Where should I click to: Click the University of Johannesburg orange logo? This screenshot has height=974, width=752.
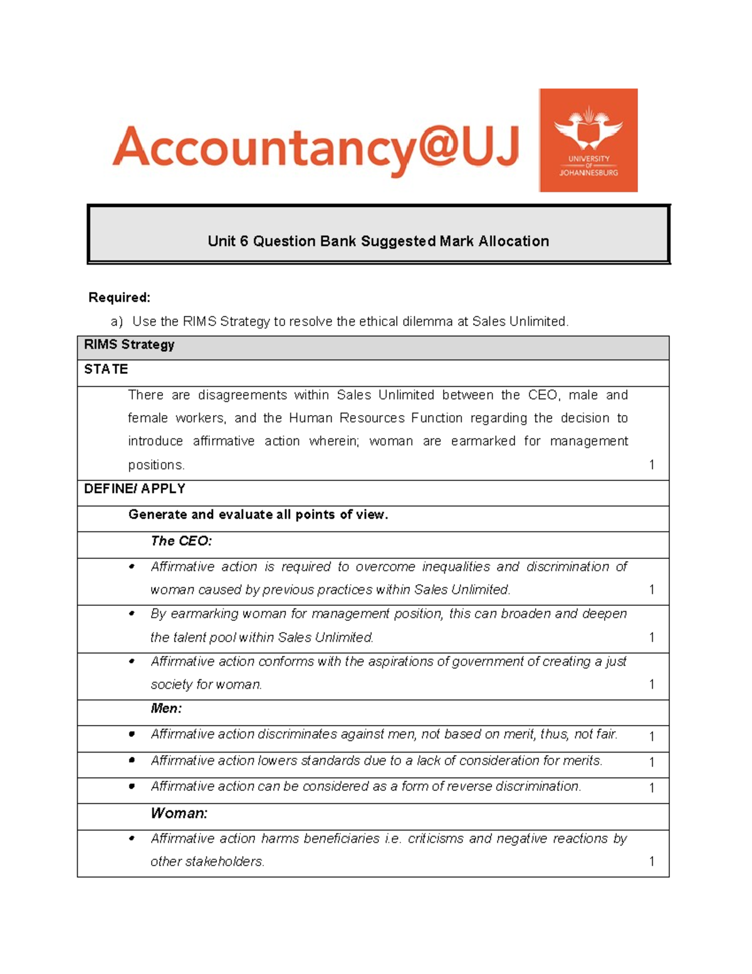click(x=588, y=140)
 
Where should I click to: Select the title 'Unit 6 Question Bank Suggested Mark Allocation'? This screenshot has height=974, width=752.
click(x=378, y=241)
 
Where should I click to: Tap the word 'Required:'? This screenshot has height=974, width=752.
click(x=119, y=297)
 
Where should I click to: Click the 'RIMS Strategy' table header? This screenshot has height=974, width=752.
click(x=129, y=345)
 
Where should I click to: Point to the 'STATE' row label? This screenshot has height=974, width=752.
click(x=106, y=369)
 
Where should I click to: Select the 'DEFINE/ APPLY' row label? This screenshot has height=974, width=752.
click(x=134, y=489)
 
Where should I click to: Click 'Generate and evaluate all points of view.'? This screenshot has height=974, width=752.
click(x=258, y=515)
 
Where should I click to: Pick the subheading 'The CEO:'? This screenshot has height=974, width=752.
click(x=181, y=541)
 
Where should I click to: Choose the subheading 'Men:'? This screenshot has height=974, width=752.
click(x=166, y=709)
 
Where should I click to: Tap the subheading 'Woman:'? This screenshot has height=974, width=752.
click(x=179, y=813)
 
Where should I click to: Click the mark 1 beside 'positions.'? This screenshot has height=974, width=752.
click(x=652, y=465)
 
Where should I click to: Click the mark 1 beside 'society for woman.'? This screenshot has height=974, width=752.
click(x=652, y=684)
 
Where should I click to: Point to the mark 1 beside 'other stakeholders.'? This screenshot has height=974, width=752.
click(x=652, y=862)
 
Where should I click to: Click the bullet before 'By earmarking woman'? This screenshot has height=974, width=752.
click(x=132, y=613)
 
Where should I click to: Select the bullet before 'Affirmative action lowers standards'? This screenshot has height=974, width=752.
click(x=132, y=760)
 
